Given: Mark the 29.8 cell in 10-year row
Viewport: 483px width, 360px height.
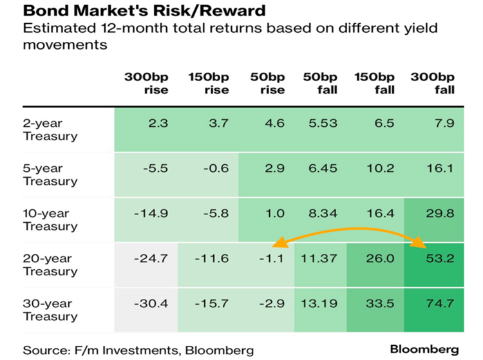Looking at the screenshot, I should (x=442, y=214).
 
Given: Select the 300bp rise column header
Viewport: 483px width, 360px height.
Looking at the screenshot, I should (x=147, y=83).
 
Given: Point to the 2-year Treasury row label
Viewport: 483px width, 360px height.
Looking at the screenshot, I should (x=50, y=129).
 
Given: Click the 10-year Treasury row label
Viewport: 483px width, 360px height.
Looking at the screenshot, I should (x=50, y=220).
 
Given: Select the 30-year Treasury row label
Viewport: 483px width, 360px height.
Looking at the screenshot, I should (x=50, y=309).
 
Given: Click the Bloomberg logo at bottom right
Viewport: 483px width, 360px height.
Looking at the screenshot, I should (x=424, y=348).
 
